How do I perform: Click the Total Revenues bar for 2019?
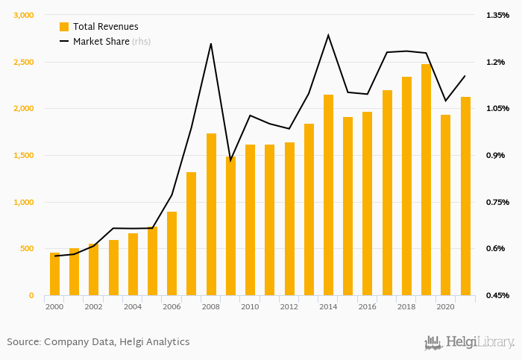tap(426, 180)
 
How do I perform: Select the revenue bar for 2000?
tap(54, 274)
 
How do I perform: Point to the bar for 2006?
tap(172, 253)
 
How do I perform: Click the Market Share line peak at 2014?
tap(328, 34)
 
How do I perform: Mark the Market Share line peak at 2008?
tap(211, 43)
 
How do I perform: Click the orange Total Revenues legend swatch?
tap(64, 27)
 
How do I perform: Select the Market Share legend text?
tap(101, 41)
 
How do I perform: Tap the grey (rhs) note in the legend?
tap(142, 41)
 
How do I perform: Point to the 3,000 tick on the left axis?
tap(24, 15)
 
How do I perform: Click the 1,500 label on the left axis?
tap(24, 155)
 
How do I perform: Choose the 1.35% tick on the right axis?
tap(498, 15)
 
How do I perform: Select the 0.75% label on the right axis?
tap(498, 202)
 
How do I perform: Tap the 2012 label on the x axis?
tap(289, 306)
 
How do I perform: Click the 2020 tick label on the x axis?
tap(445, 306)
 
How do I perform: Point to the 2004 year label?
tap(132, 306)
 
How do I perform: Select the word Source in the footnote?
tap(23, 342)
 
